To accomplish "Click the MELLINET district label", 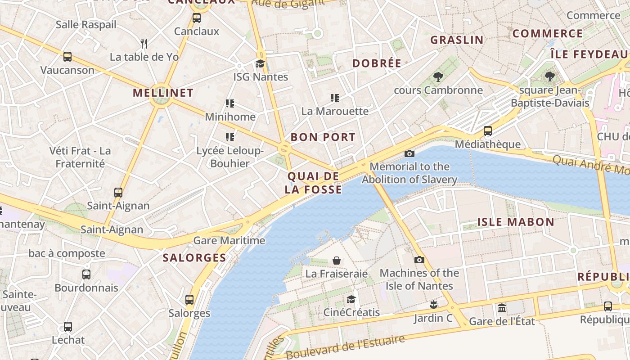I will [163, 93].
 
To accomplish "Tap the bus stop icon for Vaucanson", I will [67, 57].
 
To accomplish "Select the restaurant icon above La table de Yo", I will [144, 43].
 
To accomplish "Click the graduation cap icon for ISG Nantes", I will [261, 63].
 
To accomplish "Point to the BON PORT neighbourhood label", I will [323, 137].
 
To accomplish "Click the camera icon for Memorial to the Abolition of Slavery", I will [409, 153].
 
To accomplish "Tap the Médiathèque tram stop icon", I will [487, 131].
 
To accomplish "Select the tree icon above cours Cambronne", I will [438, 77].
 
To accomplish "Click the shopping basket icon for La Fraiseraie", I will [336, 261].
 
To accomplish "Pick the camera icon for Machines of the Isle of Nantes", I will [419, 260].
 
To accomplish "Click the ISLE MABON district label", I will [515, 222].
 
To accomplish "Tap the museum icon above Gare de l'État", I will [502, 308].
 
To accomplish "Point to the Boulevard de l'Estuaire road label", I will [345, 346].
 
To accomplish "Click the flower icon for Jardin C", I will [433, 305].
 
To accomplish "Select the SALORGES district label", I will [194, 258].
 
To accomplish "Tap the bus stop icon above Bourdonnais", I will [86, 274].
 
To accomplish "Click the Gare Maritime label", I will [229, 240].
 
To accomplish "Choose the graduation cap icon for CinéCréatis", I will [351, 299].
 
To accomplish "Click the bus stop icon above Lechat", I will [68, 327].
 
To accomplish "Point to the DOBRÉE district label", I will [377, 63].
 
